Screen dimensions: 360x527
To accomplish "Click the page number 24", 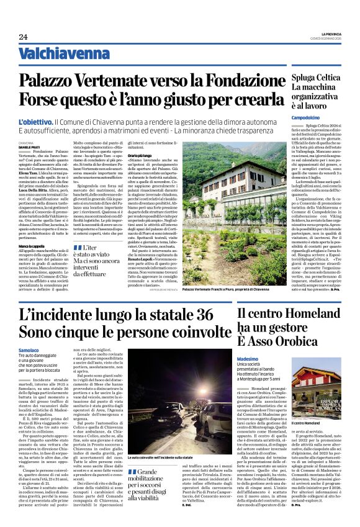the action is click(x=23, y=37).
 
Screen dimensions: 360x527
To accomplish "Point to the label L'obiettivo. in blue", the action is click(x=53, y=122).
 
